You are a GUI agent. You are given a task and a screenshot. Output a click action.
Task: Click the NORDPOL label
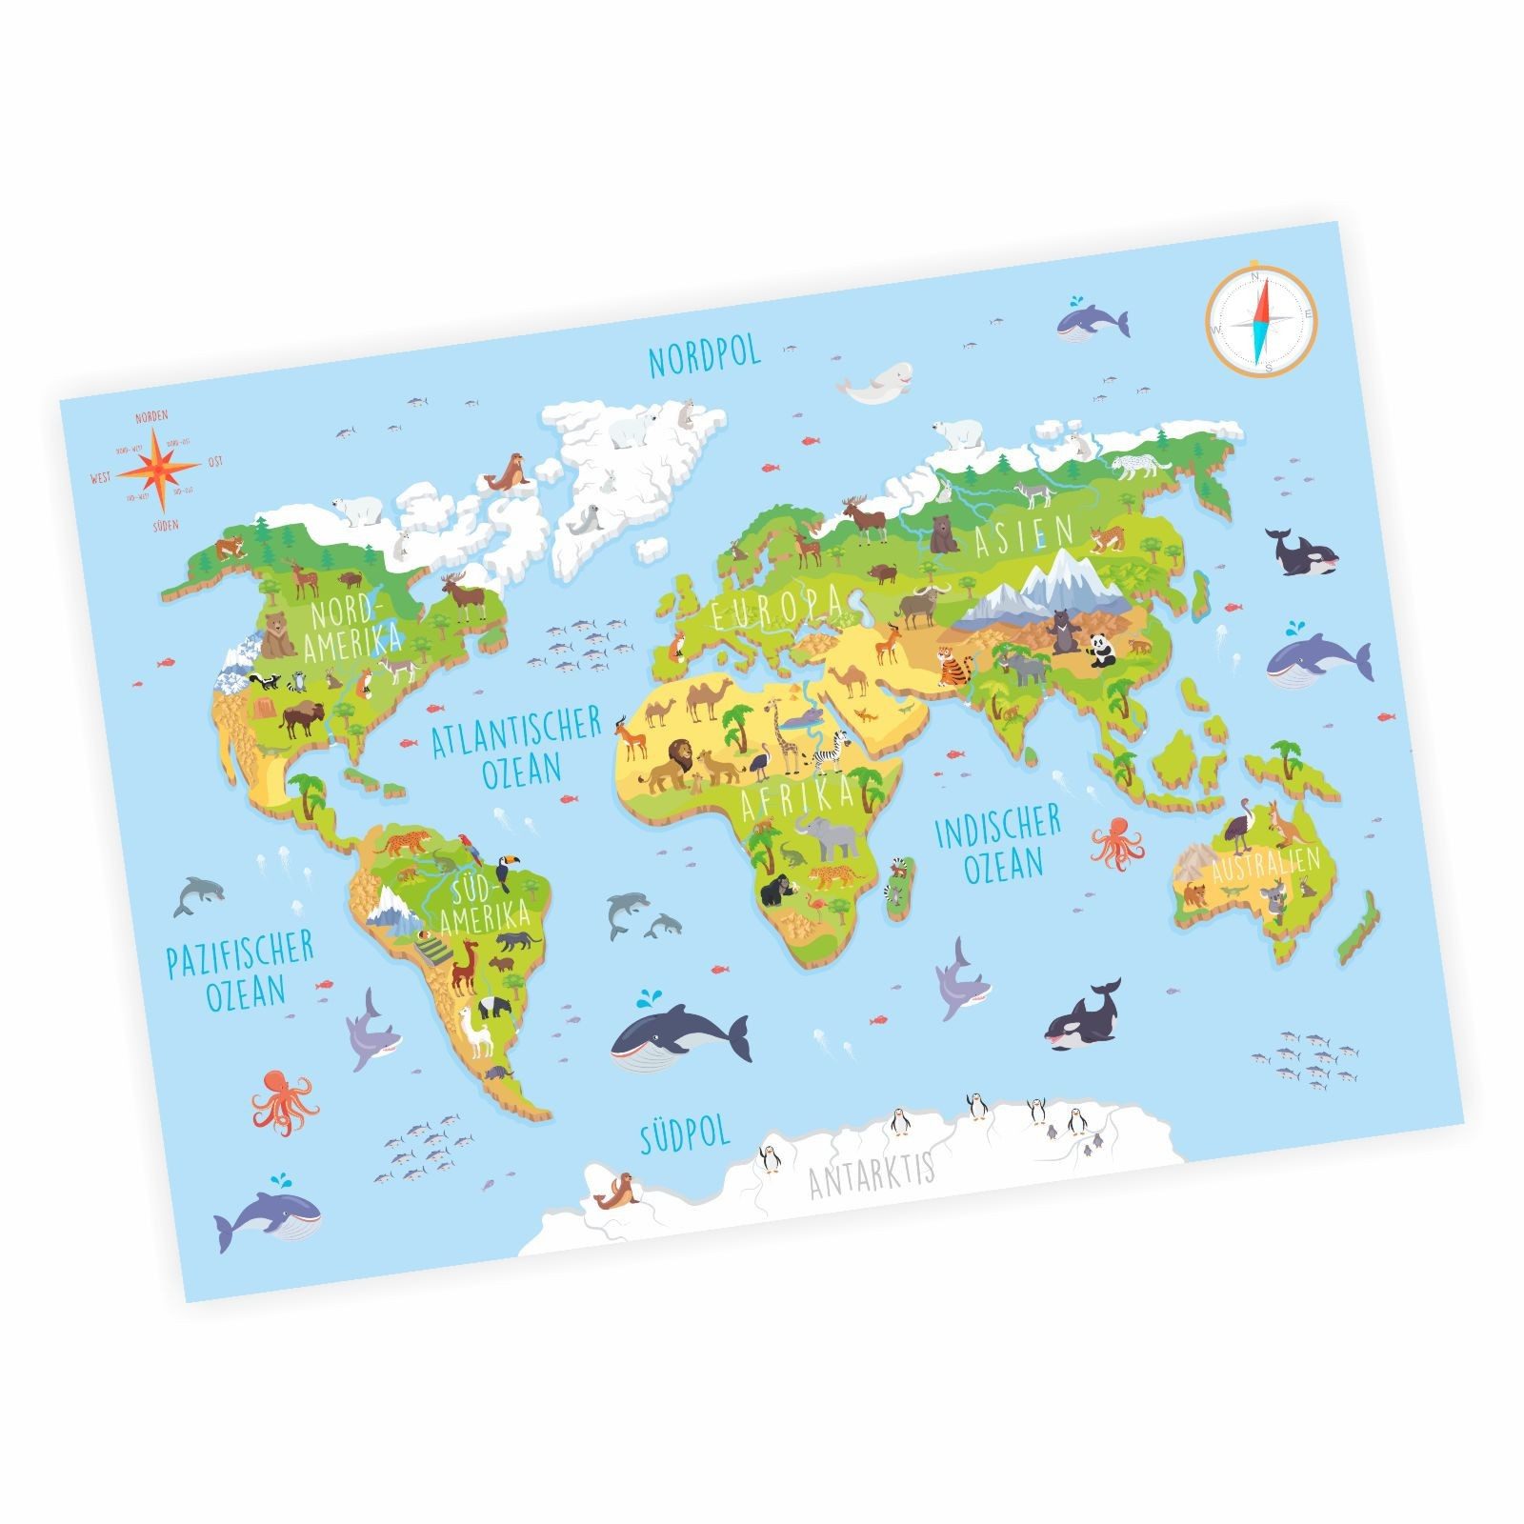point(704,356)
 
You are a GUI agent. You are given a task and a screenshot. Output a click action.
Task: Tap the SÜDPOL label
point(685,1133)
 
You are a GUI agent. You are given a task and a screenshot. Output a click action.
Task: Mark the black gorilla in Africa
point(779,892)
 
